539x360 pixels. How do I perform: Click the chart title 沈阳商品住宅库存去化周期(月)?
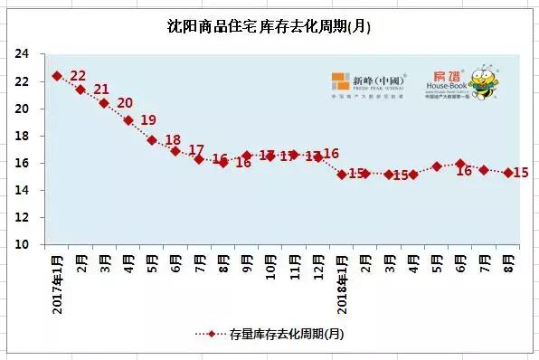tap(269, 26)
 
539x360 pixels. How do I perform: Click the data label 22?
tap(78, 76)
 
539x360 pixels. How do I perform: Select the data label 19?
tap(148, 120)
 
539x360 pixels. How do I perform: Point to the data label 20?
tap(125, 103)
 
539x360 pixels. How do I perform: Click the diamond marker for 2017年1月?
tap(57, 76)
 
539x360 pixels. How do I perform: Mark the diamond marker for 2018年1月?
tap(342, 174)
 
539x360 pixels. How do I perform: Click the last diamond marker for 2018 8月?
tap(508, 173)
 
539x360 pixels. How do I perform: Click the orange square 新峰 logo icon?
tap(340, 81)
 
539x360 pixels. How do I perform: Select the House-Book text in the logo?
tap(448, 85)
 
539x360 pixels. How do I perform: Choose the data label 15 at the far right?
tap(521, 173)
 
